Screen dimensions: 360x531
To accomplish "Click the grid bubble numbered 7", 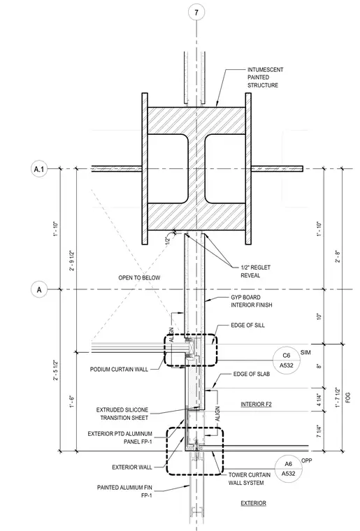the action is coord(196,13).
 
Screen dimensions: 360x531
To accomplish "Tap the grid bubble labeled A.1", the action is coord(39,168).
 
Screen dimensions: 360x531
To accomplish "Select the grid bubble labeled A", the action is coord(39,290).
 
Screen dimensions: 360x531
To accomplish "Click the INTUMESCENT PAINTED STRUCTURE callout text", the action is coord(265,78).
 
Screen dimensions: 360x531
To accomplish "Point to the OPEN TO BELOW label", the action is coord(139,277).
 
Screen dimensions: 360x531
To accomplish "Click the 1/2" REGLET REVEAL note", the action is coord(255,271).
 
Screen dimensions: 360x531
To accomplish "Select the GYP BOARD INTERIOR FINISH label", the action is coord(251,301).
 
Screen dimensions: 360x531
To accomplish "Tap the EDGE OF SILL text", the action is coord(248,325).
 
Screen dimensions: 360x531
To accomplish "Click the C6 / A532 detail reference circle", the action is coord(287,361).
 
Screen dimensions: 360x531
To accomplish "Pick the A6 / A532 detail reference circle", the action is coord(288,469).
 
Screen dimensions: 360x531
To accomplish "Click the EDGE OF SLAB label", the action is coord(252,374).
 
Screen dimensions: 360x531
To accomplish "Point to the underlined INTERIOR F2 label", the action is coord(256,404).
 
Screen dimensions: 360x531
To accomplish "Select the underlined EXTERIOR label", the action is coord(253,503).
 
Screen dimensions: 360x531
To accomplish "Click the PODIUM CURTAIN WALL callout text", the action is coord(119,369).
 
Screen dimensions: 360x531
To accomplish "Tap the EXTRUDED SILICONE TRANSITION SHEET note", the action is coord(122,414).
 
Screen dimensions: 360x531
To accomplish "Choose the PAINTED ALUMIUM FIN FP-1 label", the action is coord(124,491).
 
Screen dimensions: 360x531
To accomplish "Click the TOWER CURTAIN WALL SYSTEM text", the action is coord(250,479).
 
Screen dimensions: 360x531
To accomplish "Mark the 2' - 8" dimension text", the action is coord(338,256).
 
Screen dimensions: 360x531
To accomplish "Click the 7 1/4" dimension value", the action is coord(319,431).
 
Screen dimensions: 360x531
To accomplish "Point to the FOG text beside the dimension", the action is coord(348,398).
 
